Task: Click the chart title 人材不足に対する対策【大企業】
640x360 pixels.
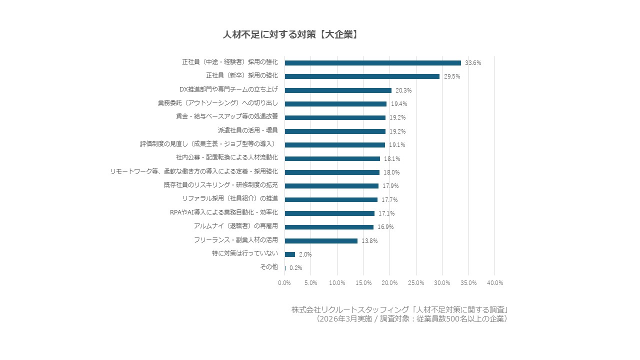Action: [x=290, y=34]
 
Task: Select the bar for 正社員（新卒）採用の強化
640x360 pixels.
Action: [x=362, y=76]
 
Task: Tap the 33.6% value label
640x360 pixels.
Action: [x=473, y=63]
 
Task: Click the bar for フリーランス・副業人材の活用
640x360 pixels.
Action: [x=321, y=240]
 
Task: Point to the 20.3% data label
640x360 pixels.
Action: [x=403, y=90]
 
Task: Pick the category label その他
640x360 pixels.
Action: [x=269, y=267]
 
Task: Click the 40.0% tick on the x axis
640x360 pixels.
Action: [x=495, y=283]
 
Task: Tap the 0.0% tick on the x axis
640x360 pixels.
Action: [x=284, y=283]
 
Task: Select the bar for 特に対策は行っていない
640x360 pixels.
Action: [x=290, y=254]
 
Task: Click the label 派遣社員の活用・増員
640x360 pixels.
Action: [x=248, y=131]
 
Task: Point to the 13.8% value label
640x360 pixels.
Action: [x=369, y=241]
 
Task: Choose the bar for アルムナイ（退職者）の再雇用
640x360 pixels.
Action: [x=329, y=227]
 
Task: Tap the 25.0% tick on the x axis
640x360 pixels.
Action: [x=416, y=283]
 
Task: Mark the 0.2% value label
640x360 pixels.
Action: [x=295, y=268]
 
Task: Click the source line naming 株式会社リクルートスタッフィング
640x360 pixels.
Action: [x=400, y=309]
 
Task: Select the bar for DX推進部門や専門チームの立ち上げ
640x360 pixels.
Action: [x=338, y=90]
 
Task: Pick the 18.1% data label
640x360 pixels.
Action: [x=392, y=159]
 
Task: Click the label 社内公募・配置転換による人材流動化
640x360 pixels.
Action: [x=227, y=158]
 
